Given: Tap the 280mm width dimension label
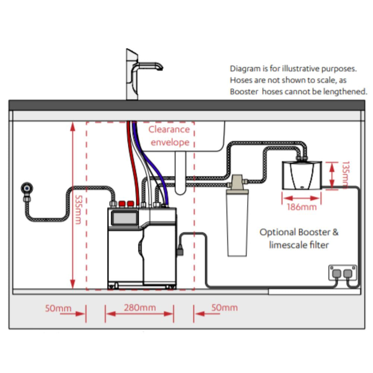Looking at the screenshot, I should coord(140,308).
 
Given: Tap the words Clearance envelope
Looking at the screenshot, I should coord(169,136).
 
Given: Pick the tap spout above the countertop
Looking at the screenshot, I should coord(149,66).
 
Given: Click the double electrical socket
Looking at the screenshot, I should coord(342,273).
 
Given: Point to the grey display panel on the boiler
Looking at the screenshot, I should coord(124,217).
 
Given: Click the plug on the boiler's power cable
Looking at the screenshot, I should coord(181,249).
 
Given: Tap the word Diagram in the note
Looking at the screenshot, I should coord(243,69).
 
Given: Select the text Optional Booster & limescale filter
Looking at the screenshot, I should coord(299,239).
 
